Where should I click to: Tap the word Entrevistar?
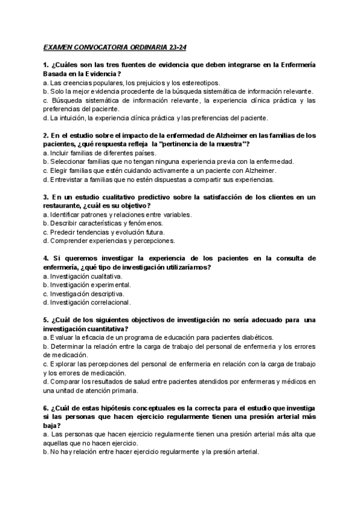[x=68, y=179]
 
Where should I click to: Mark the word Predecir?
[x=63, y=232]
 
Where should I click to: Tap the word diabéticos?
[x=255, y=337]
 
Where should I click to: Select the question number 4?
[x=46, y=259]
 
